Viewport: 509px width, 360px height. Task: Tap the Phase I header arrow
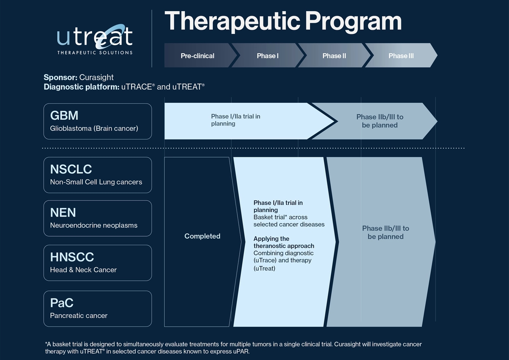tap(268, 55)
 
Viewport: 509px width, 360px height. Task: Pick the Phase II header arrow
tap(334, 55)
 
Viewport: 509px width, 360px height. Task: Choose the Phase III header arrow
tap(401, 55)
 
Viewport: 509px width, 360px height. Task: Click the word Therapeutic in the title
tap(232, 21)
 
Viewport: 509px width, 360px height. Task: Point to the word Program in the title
tap(353, 22)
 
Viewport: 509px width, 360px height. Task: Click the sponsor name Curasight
tap(97, 77)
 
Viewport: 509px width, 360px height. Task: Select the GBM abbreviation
tap(64, 115)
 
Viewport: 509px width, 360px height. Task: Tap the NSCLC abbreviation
tap(71, 169)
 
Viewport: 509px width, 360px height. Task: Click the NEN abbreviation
tap(63, 212)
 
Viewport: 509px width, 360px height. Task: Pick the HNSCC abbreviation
tap(72, 257)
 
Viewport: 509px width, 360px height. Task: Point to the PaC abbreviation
tap(62, 303)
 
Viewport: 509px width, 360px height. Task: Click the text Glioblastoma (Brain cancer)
tap(94, 129)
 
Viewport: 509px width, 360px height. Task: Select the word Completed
tap(202, 236)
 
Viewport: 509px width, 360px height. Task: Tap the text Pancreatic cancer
tap(79, 315)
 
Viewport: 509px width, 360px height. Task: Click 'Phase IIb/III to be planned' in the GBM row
tap(380, 121)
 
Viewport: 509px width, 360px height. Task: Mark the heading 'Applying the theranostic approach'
tap(284, 242)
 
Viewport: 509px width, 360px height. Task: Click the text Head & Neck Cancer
tap(83, 270)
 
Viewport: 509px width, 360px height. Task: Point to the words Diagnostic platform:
tap(82, 87)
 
